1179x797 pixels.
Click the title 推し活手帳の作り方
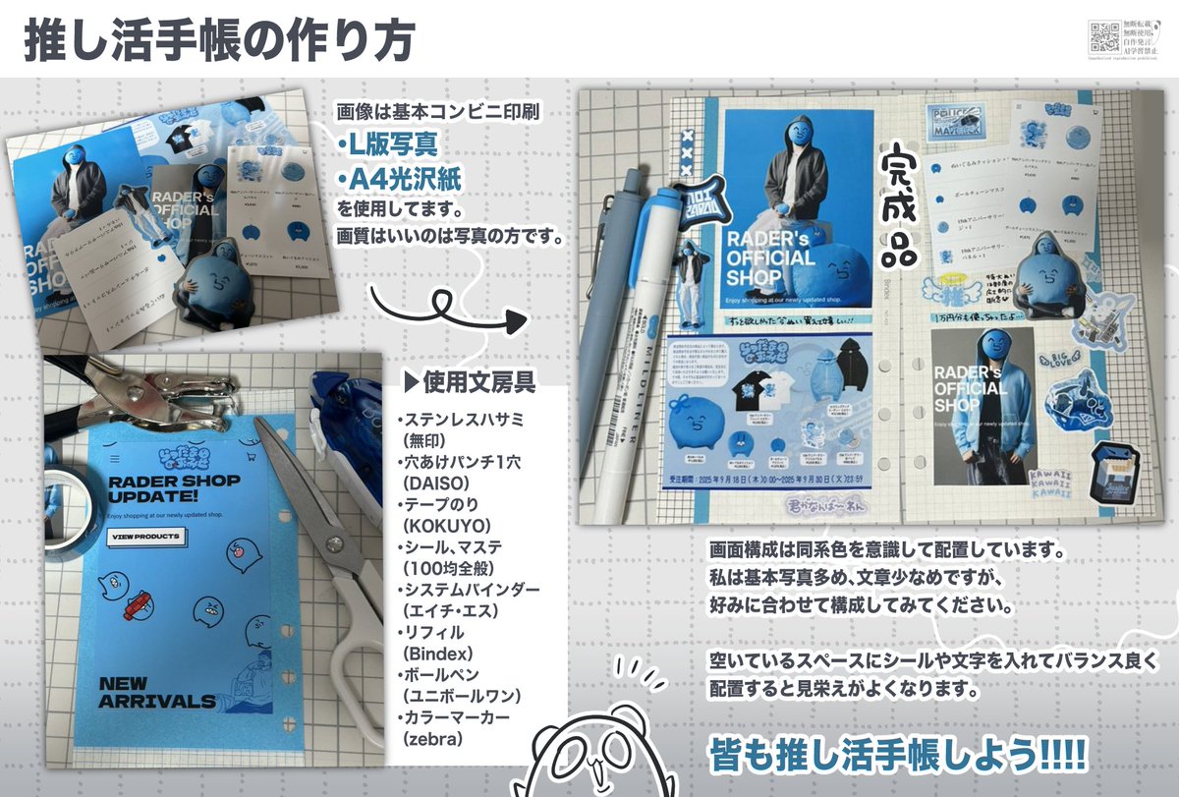[x=218, y=42]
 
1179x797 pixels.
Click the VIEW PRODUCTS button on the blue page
[x=145, y=537]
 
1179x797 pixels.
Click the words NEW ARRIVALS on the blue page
[x=157, y=692]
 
